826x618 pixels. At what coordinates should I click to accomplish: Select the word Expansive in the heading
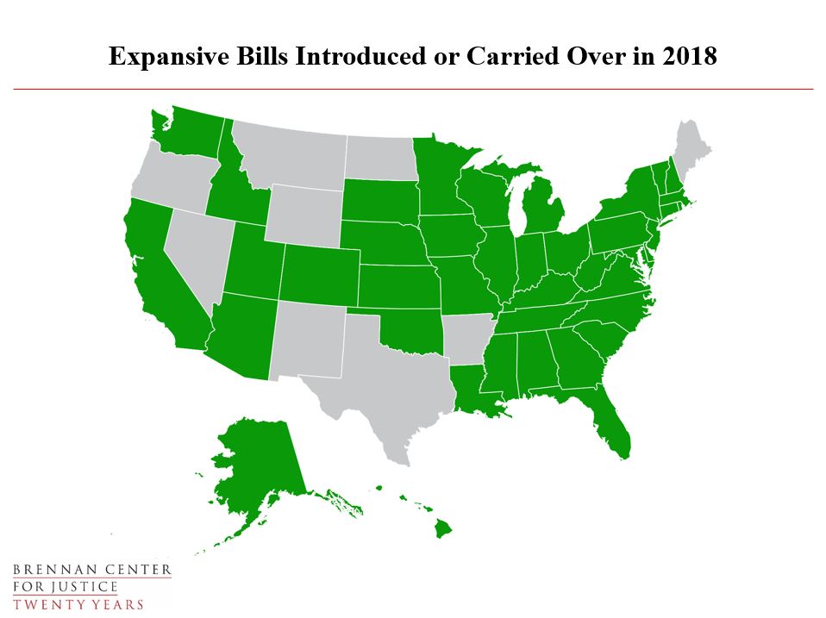tap(159, 57)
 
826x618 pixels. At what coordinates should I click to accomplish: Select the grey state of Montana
tap(289, 155)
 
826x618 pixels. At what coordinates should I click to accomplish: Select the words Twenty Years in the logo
tap(78, 603)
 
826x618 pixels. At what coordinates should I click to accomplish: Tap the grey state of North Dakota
tap(379, 157)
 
